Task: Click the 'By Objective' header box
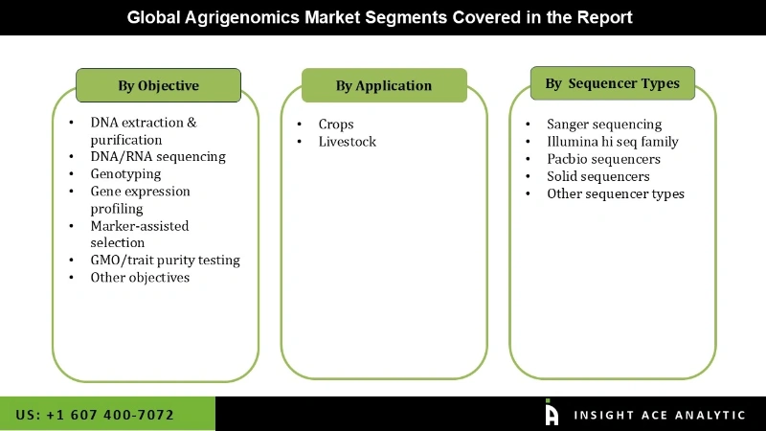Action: [x=158, y=85]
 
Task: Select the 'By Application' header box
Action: [x=384, y=85]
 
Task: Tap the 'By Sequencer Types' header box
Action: [x=612, y=83]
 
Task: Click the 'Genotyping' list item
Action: [x=125, y=173]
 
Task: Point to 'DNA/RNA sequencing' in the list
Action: [x=158, y=156]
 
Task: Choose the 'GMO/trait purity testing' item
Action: [x=165, y=260]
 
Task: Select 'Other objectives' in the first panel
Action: [x=140, y=277]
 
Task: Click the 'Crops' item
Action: [x=336, y=125]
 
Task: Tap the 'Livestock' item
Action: [x=348, y=142]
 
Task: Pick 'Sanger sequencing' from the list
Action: [x=604, y=125]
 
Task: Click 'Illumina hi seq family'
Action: [x=612, y=142]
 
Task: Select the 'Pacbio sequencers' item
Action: [x=603, y=159]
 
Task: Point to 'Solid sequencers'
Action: [x=598, y=176]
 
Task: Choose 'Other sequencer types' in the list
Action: [x=616, y=193]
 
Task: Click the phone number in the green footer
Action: [x=95, y=415]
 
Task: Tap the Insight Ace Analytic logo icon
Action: [x=552, y=413]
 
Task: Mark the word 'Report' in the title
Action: [x=605, y=18]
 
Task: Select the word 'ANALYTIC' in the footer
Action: [x=705, y=415]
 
